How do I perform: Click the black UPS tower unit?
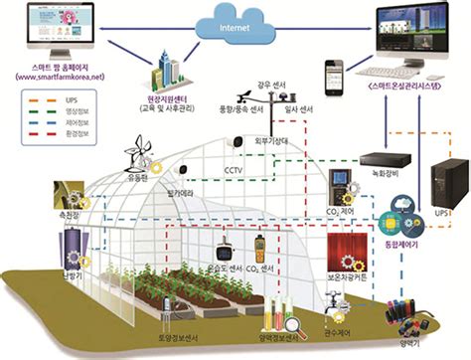(x=443, y=185)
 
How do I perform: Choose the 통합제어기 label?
(x=399, y=240)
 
